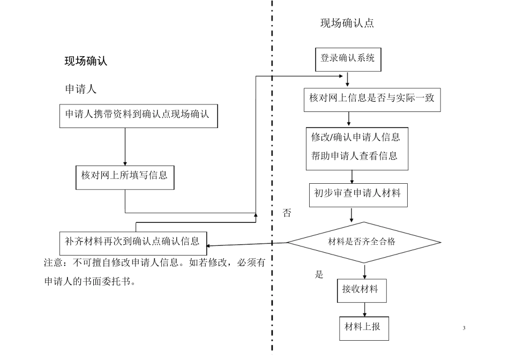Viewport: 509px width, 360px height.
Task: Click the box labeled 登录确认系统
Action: (x=348, y=59)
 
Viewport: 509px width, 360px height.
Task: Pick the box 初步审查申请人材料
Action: (x=358, y=195)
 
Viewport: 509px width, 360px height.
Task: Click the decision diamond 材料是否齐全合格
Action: (x=363, y=242)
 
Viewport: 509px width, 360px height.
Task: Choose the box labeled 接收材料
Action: (x=361, y=290)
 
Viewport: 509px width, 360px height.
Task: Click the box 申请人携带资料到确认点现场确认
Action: (x=139, y=115)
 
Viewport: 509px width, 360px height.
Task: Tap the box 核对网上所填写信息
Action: (x=125, y=176)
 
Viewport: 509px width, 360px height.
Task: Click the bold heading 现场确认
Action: (x=86, y=61)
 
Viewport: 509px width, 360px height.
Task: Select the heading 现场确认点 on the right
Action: (x=347, y=24)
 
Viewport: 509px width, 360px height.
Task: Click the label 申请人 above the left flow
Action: (x=80, y=89)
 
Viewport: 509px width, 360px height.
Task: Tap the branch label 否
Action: (x=287, y=213)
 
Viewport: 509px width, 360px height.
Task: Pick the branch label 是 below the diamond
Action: (x=319, y=275)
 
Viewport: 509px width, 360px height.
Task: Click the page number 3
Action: (x=464, y=328)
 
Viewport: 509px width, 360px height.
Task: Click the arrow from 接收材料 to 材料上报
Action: (x=365, y=310)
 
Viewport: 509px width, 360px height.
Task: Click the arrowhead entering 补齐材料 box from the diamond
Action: (x=210, y=245)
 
